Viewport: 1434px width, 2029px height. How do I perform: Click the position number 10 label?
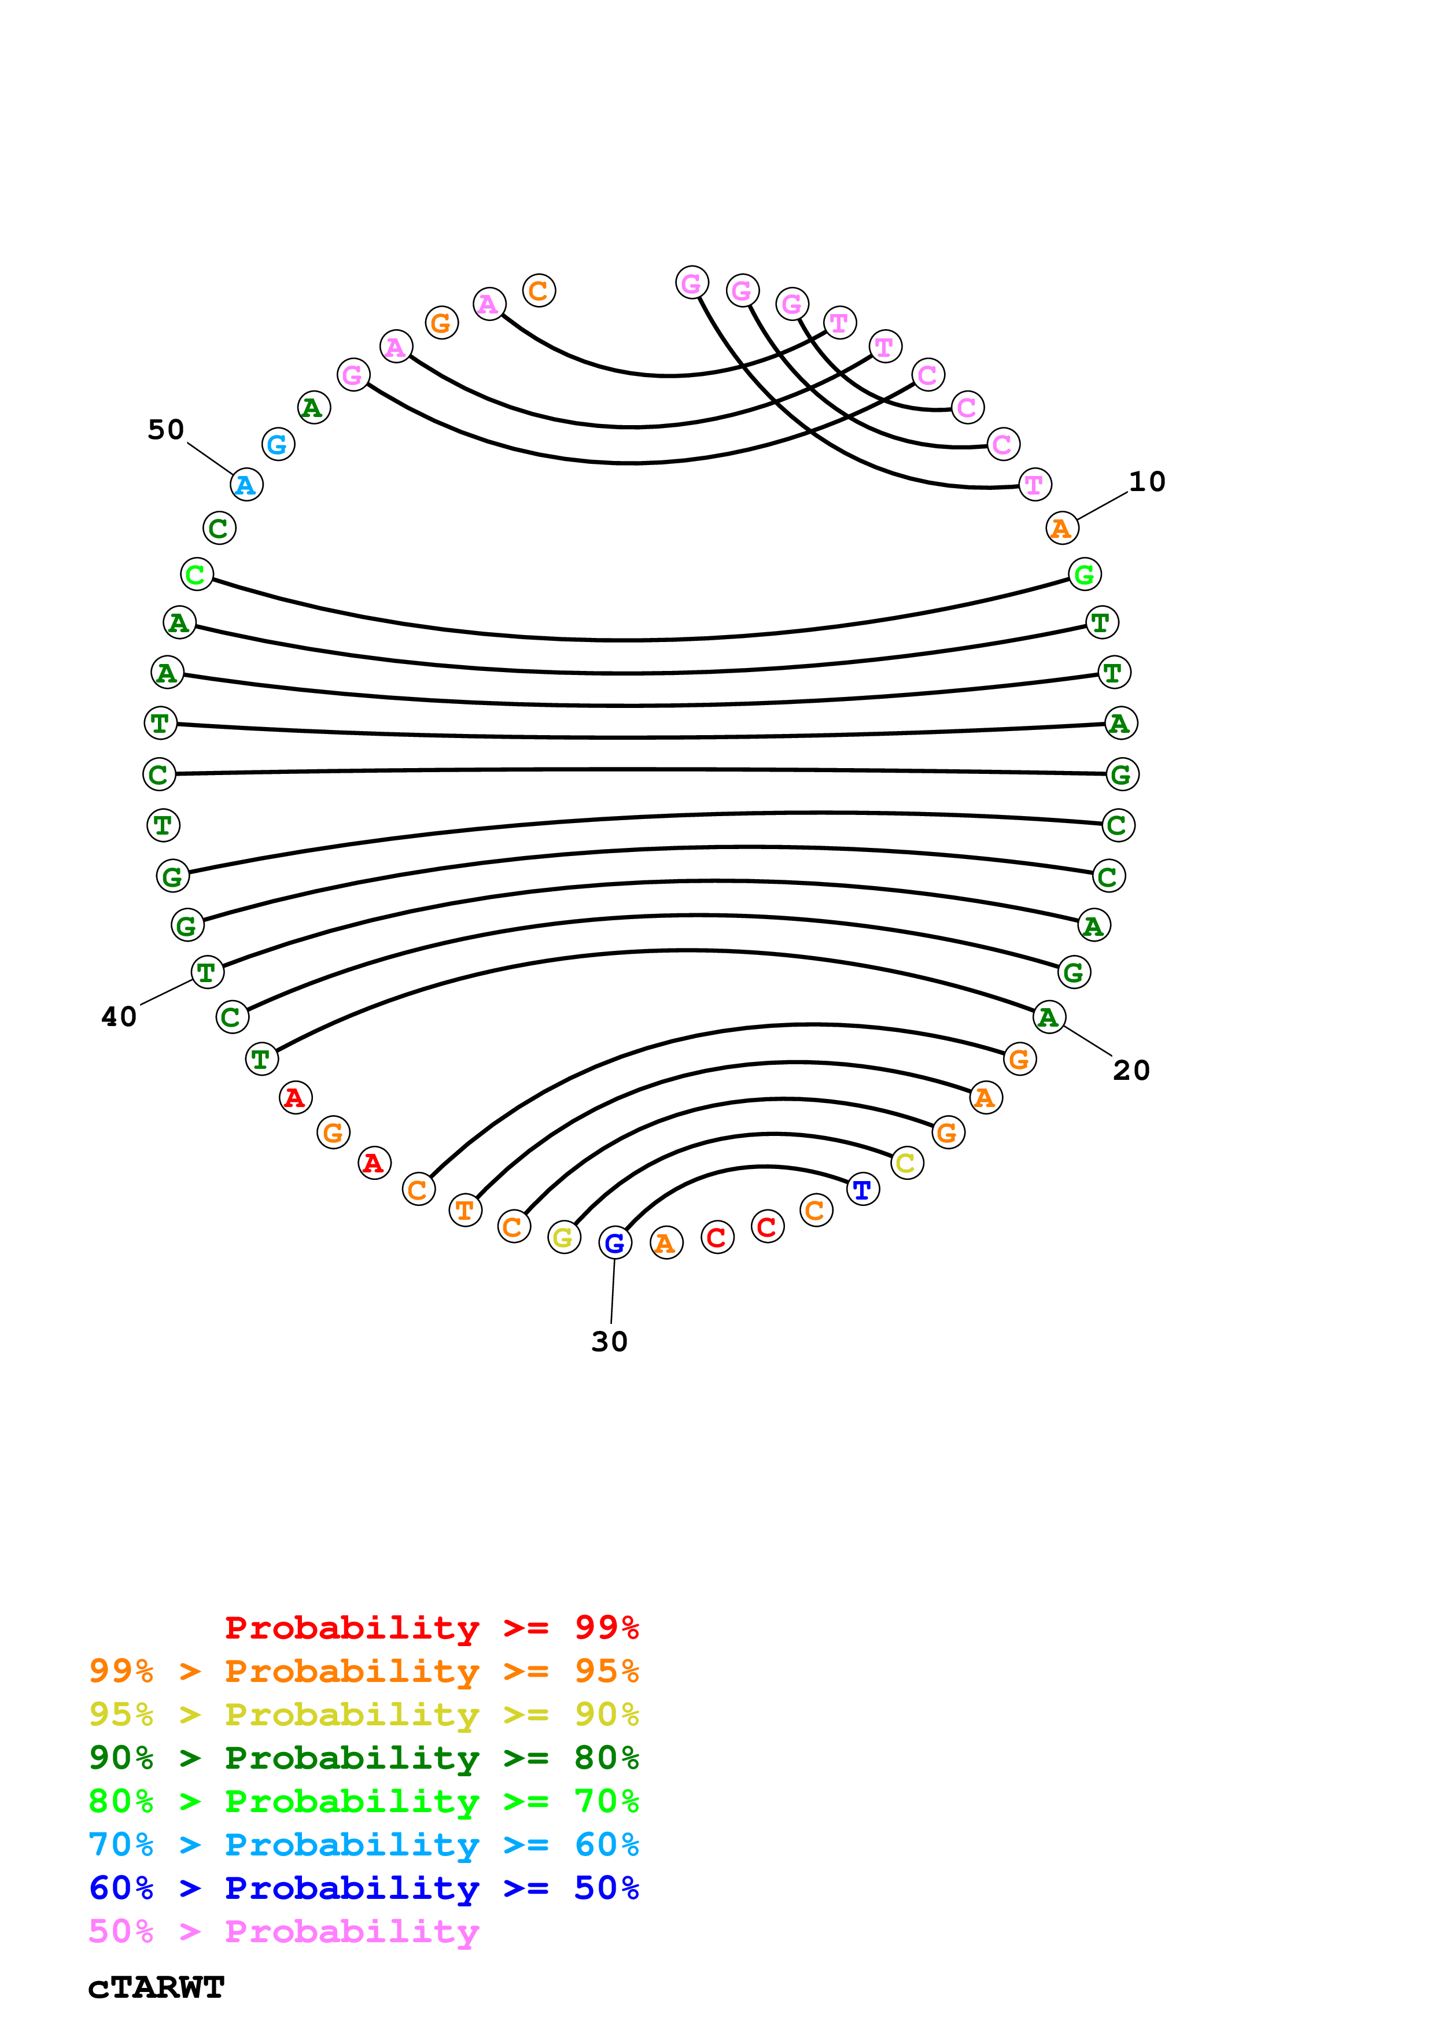1147,482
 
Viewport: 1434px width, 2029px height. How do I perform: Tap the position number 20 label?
1131,1070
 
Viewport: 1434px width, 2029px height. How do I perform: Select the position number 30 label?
609,1341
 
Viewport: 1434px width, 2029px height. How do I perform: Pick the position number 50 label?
165,430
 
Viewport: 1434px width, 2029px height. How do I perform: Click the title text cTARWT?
156,1987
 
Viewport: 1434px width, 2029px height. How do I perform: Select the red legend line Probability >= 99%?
431,1627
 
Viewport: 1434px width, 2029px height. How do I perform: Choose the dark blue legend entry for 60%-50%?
363,1888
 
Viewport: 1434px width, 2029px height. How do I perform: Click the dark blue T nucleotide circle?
862,1190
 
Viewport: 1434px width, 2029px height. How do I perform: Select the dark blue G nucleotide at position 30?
615,1242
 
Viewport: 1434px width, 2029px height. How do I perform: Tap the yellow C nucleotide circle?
906,1163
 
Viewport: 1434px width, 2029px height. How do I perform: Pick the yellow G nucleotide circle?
563,1237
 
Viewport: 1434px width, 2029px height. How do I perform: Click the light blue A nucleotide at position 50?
246,484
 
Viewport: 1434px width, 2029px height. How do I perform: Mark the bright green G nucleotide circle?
1084,574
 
